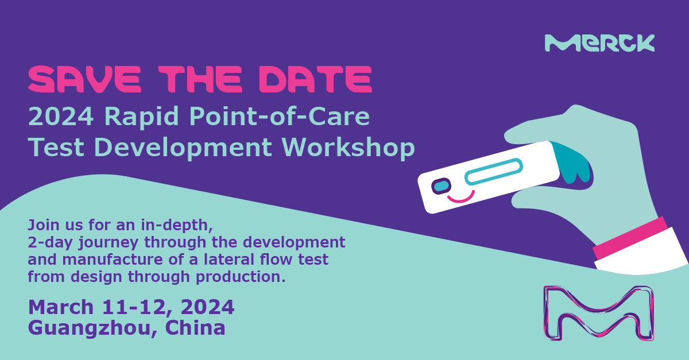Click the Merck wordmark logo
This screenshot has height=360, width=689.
click(599, 43)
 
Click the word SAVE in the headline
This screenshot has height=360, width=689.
click(84, 79)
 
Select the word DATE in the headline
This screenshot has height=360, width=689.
click(316, 79)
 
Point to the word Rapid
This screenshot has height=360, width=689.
click(141, 117)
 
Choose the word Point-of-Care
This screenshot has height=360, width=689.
click(279, 117)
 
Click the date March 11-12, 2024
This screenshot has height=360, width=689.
click(131, 307)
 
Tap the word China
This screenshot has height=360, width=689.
click(195, 327)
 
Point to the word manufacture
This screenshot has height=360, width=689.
click(113, 259)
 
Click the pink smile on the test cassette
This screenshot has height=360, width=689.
click(460, 197)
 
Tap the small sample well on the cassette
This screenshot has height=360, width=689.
click(442, 186)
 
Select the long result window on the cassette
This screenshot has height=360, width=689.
click(494, 172)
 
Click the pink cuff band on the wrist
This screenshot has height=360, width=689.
click(630, 238)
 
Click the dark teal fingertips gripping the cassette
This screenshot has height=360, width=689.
click(572, 163)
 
